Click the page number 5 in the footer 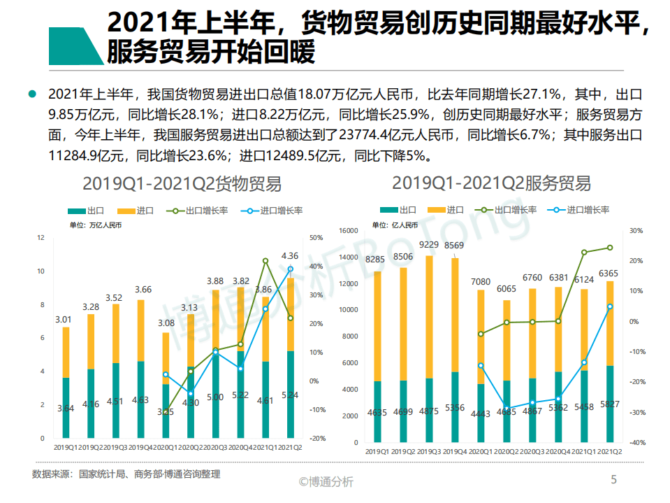613,479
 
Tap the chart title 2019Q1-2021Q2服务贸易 491,183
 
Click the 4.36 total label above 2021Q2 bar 289,256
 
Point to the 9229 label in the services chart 429,244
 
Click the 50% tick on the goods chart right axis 316,238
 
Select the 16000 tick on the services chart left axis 349,230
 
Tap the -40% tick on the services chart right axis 636,443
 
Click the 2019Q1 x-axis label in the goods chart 66,446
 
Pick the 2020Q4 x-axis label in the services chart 558,451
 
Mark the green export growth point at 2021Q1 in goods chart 265,261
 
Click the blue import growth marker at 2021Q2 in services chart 610,306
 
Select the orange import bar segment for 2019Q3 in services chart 429,315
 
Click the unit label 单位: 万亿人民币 96,225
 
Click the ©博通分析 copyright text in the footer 326,481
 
